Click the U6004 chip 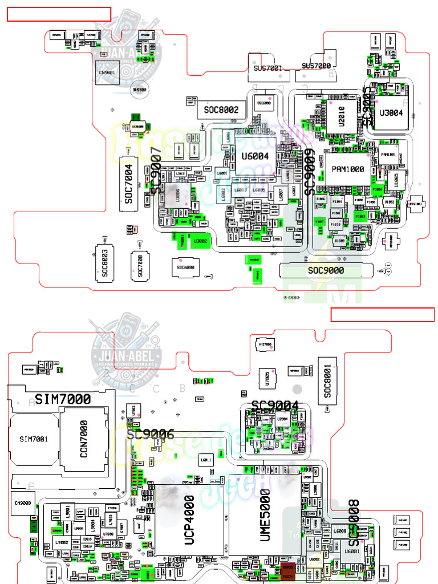(255, 155)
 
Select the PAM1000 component (348, 169)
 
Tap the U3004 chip (391, 113)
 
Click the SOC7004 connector (129, 184)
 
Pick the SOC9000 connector (326, 270)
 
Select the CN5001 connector (107, 73)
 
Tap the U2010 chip (342, 116)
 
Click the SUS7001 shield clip (267, 68)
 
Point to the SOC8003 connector (104, 263)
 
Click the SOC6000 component (185, 266)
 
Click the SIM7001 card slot (34, 439)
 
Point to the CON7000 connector (84, 439)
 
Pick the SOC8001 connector (327, 381)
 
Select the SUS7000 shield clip (316, 66)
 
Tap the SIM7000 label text (63, 399)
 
